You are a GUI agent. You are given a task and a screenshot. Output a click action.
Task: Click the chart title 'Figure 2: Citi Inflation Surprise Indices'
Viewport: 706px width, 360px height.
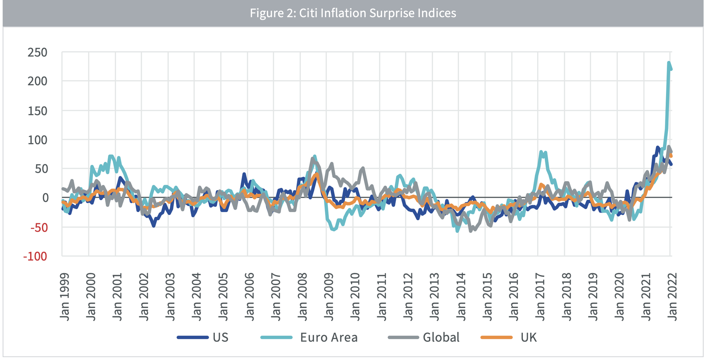point(353,13)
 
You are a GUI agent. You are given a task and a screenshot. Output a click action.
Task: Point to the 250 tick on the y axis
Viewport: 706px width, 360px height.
point(37,53)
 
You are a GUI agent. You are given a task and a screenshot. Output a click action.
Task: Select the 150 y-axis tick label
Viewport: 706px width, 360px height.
point(37,111)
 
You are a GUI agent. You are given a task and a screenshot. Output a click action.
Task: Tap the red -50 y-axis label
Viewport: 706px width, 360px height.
point(39,228)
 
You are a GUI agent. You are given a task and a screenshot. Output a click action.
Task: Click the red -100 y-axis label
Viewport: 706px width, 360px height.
point(35,257)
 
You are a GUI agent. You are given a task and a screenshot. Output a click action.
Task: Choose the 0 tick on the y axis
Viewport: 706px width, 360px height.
point(45,198)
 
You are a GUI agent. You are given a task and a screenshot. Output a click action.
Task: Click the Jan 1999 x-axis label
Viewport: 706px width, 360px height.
point(65,297)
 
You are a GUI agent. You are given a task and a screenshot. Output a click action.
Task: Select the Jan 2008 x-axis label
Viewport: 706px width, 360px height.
point(303,297)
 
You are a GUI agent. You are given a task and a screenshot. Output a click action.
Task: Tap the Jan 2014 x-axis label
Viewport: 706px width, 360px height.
point(461,297)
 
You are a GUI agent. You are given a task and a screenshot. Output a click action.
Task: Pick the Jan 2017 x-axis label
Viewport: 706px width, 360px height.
point(540,297)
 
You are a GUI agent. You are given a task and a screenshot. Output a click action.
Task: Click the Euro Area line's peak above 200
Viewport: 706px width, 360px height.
point(669,63)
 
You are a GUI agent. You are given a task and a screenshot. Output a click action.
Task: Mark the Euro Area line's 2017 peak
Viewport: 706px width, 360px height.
point(541,152)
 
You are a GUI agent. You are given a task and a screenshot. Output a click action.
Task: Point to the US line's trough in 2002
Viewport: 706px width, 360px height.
point(154,225)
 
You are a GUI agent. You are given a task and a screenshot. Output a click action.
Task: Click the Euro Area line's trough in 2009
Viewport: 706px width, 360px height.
point(334,229)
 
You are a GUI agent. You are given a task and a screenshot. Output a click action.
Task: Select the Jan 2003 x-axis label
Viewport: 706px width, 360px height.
point(171,297)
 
